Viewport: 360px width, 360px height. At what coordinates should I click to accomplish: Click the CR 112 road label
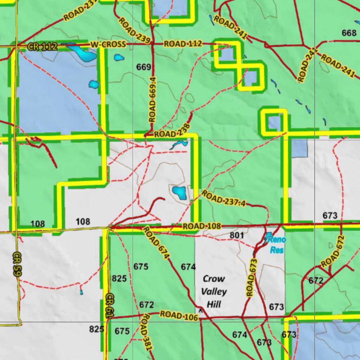coord(42,46)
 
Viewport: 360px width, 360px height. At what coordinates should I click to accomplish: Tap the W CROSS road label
coord(108,44)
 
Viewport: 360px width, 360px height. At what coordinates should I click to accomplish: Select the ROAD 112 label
coord(183,44)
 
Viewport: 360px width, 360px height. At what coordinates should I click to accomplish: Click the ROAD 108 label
coord(201,226)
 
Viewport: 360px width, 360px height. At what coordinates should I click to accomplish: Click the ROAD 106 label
coord(179,315)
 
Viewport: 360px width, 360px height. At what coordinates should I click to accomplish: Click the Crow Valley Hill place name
coord(214,291)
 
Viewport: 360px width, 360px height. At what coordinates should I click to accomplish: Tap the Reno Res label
coord(277,245)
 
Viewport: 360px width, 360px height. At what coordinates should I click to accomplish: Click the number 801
coord(237,235)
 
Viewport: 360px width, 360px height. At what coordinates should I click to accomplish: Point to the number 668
coord(349,33)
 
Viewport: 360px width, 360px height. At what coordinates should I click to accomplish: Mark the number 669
coord(143,67)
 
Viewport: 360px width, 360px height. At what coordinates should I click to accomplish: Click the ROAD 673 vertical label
coord(251,277)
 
